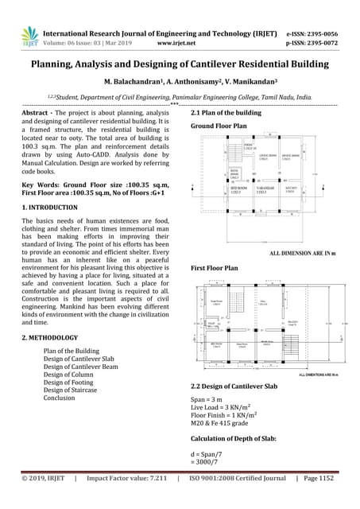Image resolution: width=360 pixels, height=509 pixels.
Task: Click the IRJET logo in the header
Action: [30, 35]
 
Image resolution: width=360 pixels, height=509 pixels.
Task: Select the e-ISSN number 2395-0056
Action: [327, 28]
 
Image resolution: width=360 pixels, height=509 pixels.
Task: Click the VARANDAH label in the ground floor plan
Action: [263, 190]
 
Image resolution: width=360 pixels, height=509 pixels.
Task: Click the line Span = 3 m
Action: [209, 398]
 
